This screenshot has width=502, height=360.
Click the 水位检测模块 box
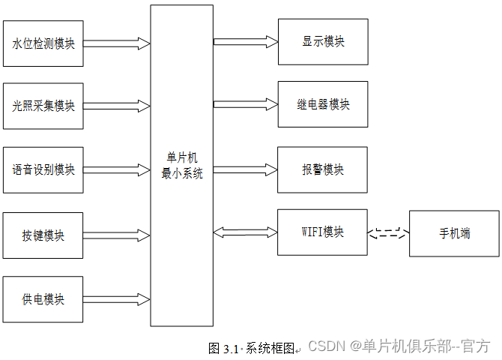point(43,43)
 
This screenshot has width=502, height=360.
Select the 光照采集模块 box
point(43,106)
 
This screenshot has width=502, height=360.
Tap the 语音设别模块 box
point(43,169)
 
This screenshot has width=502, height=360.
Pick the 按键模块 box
point(43,235)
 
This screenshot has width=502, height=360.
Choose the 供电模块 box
point(43,299)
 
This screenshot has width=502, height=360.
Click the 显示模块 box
point(323,41)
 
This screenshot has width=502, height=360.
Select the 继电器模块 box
point(323,104)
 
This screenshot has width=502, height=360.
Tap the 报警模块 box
point(323,169)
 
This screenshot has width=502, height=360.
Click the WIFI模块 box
point(323,232)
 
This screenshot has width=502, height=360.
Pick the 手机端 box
point(454,233)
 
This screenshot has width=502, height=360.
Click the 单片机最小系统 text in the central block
point(181,166)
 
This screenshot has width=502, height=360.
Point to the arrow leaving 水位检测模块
point(117,43)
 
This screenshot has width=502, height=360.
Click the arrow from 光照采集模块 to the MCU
point(117,105)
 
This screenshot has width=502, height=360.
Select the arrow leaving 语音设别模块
point(117,169)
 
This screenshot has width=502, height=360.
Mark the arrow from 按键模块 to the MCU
point(117,234)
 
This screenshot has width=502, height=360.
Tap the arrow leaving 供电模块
point(117,298)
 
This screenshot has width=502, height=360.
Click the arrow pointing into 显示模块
point(245,41)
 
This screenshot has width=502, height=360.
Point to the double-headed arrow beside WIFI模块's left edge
point(245,232)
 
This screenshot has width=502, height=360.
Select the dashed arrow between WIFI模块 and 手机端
point(388,232)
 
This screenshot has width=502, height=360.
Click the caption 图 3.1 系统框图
point(252,349)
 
